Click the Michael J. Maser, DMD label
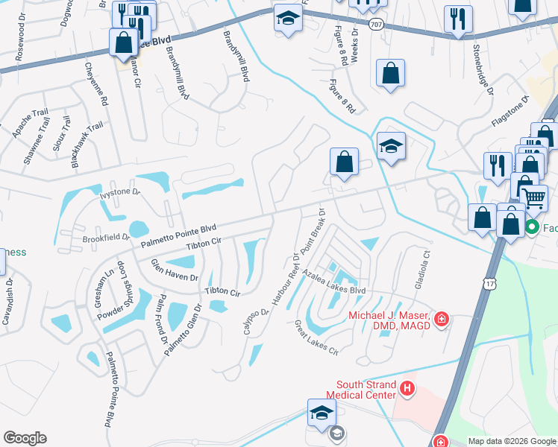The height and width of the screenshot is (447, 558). pyautogui.click(x=389, y=319)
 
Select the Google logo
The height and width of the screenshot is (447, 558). pyautogui.click(x=25, y=438)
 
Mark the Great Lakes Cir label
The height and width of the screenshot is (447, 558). pyautogui.click(x=316, y=337)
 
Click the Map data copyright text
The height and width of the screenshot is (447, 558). pyautogui.click(x=511, y=441)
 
